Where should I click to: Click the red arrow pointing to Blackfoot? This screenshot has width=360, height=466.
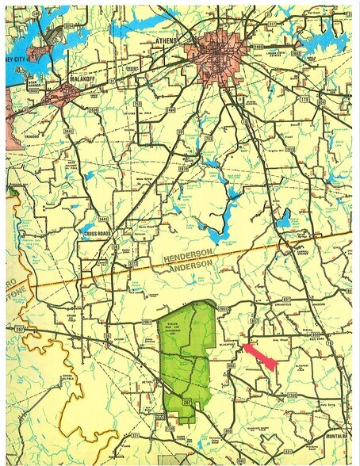pyautogui.click(x=260, y=356)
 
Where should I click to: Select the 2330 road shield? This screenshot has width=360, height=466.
pyautogui.click(x=293, y=394)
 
